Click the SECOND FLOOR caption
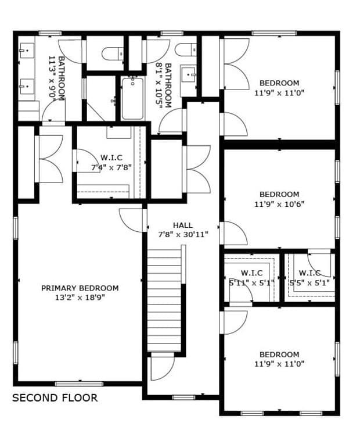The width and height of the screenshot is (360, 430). [x=55, y=398]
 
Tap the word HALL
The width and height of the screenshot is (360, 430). [x=182, y=225]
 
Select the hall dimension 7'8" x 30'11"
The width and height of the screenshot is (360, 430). [x=183, y=235]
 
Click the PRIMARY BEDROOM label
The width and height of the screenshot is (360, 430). [x=80, y=288]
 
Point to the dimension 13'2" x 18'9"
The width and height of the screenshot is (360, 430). [x=80, y=298]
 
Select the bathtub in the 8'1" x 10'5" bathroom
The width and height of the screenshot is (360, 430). [x=132, y=99]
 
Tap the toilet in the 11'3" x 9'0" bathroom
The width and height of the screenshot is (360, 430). [x=113, y=54]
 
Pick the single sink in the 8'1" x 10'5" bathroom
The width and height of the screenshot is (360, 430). [x=189, y=75]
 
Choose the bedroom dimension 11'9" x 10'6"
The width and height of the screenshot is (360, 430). [x=279, y=204]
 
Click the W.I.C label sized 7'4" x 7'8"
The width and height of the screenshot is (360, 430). [x=111, y=157]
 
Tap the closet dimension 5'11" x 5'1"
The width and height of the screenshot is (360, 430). [x=251, y=283]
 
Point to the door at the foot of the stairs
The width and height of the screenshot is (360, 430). [x=161, y=366]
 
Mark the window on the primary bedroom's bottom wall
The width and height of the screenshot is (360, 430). [x=79, y=384]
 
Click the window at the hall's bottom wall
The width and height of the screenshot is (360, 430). [x=183, y=397]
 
